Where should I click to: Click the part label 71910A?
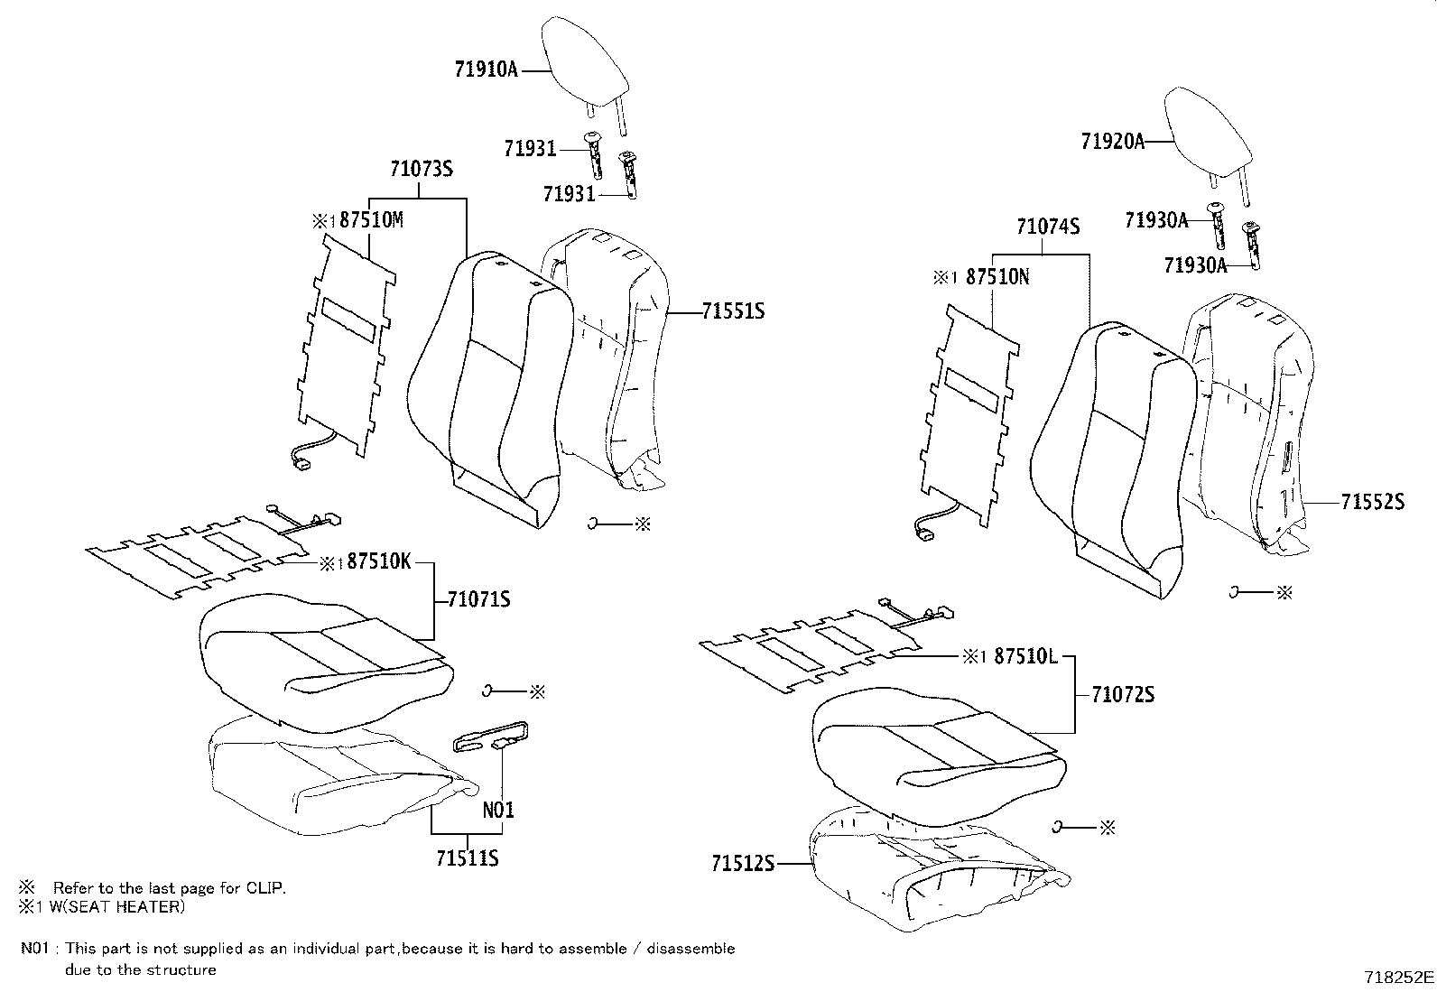(x=486, y=70)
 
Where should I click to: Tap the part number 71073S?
(x=421, y=169)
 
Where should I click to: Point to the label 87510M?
(x=371, y=220)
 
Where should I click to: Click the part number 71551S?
(x=733, y=311)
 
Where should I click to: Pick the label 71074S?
(x=1048, y=227)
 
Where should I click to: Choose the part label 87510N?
(x=997, y=277)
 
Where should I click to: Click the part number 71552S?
(x=1372, y=502)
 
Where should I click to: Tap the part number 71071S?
(x=479, y=598)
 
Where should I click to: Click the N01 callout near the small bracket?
(x=498, y=810)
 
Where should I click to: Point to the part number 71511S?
(x=467, y=858)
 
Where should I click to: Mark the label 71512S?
(x=743, y=864)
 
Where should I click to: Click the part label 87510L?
(x=1024, y=656)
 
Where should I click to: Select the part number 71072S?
(x=1123, y=694)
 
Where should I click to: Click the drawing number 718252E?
(x=1398, y=978)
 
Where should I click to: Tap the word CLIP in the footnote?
(x=264, y=888)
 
